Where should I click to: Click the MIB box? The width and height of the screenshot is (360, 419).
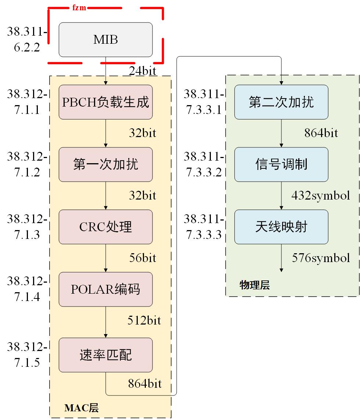point(105,40)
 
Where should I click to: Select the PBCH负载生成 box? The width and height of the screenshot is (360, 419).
point(105,102)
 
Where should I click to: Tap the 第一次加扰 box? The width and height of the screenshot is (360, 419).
point(105,164)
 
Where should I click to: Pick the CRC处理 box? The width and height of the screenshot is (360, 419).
point(105,227)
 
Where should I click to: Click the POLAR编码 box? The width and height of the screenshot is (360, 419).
point(105,289)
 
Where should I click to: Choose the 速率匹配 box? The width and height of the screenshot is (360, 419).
point(105,355)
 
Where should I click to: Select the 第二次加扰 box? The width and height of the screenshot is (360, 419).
point(281,102)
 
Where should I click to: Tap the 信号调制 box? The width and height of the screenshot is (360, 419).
point(281,164)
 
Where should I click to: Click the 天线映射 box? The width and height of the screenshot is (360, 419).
point(281,227)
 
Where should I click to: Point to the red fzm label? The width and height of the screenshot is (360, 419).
point(79,7)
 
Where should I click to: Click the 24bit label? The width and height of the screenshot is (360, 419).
point(143,71)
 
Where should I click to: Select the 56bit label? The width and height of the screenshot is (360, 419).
point(143,258)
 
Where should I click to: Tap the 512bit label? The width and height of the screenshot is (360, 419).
point(144,320)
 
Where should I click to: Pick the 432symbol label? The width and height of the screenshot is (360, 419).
point(320,195)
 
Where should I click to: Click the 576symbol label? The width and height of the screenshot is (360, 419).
point(321,258)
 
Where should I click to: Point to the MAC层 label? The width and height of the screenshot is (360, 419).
point(81,408)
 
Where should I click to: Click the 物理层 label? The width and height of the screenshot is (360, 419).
point(254,285)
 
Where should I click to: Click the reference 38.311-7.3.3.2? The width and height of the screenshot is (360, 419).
point(204,164)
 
